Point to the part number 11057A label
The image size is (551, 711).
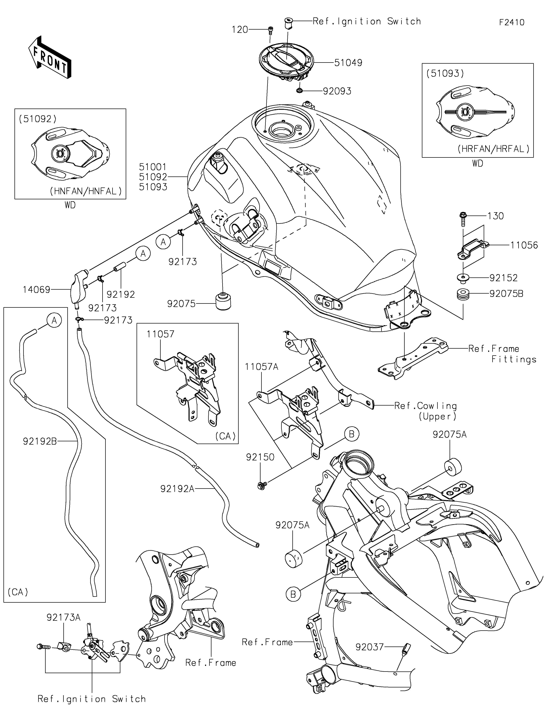[262, 367]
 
